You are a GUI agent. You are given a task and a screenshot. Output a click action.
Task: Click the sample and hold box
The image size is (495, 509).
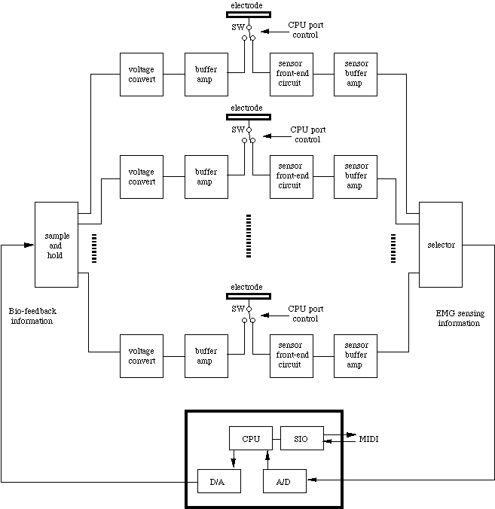pyautogui.click(x=57, y=244)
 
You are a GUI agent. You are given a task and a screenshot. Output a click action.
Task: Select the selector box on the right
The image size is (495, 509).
pyautogui.click(x=441, y=245)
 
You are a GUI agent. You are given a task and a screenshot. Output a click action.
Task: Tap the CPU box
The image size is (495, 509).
pyautogui.click(x=250, y=438)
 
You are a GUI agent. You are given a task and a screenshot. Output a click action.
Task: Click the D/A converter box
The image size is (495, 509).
pyautogui.click(x=218, y=480)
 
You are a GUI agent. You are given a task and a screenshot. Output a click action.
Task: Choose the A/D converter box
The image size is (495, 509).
pyautogui.click(x=285, y=480)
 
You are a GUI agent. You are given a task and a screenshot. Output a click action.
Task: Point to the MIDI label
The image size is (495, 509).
pyautogui.click(x=368, y=438)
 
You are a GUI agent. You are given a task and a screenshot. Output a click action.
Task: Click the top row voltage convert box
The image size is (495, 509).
pyautogui.click(x=142, y=75)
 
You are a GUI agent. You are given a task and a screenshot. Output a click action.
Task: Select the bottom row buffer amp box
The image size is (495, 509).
pyautogui.click(x=206, y=356)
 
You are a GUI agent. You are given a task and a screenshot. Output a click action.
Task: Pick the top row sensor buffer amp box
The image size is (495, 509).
pyautogui.click(x=356, y=75)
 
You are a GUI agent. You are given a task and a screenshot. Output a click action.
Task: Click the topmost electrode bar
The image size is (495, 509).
pyautogui.click(x=248, y=14)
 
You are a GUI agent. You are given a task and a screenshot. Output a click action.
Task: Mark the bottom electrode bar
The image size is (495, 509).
pyautogui.click(x=248, y=297)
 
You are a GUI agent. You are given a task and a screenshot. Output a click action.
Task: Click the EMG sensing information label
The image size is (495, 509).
pyautogui.click(x=458, y=318)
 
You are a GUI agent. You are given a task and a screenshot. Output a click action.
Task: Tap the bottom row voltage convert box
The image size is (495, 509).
pyautogui.click(x=142, y=356)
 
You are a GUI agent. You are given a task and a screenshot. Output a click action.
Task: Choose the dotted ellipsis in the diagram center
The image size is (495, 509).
pyautogui.click(x=248, y=235)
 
